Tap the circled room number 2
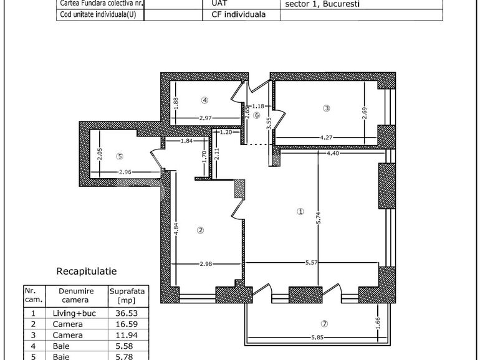pos(200,230)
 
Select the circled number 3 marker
pos(326,108)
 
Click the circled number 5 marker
pos(120,156)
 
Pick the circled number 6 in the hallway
pos(256,115)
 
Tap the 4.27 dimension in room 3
pos(328,137)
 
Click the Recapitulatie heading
pos(87,272)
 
